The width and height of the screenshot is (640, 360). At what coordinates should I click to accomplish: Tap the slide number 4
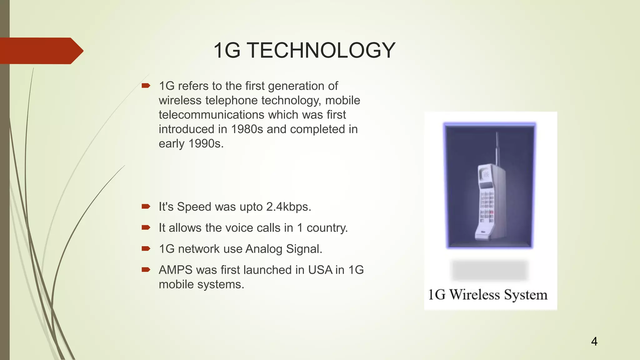pos(594,341)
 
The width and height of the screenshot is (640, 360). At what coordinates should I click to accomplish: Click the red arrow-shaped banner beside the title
pos(41,51)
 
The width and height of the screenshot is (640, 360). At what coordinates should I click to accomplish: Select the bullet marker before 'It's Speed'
pos(146,206)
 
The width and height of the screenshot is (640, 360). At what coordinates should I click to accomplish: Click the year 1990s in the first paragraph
pos(206,144)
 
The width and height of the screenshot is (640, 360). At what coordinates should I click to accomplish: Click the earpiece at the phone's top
pos(486,174)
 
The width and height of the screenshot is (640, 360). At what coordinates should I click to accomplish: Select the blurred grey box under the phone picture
pos(490,270)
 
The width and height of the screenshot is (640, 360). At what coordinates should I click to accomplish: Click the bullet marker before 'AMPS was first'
pos(146,269)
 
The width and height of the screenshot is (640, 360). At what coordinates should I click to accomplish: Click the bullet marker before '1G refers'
pos(146,86)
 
